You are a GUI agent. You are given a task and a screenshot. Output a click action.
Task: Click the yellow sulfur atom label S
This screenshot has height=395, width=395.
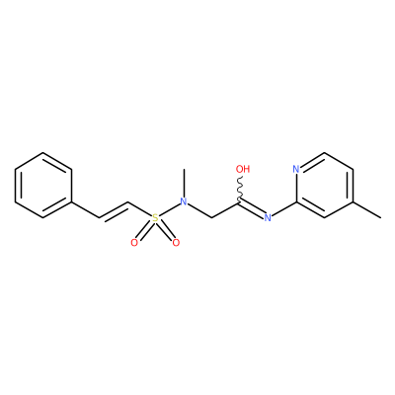(155, 217)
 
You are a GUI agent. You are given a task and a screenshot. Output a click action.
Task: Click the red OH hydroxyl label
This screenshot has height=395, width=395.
(243, 169)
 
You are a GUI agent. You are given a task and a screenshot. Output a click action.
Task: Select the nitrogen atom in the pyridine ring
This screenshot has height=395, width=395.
(296, 169)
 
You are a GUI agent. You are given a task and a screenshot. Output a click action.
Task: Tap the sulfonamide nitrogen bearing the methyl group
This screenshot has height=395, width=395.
(184, 201)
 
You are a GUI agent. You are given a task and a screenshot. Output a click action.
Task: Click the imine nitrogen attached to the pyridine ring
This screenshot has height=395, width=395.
(268, 217)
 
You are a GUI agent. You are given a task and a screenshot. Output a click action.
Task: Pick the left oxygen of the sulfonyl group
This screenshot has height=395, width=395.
(134, 243)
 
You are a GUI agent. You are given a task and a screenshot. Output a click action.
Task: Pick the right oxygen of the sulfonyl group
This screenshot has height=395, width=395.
(176, 243)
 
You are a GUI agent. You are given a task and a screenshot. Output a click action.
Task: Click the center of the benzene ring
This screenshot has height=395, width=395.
(43, 185)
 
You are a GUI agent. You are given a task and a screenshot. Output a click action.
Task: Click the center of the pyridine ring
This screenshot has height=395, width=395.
(325, 185)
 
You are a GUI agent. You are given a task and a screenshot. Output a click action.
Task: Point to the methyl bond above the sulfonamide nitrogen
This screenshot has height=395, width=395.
(184, 183)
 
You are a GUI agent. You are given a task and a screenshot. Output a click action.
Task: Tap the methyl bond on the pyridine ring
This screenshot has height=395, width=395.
(367, 209)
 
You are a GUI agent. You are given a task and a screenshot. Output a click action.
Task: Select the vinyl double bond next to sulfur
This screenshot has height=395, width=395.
(114, 210)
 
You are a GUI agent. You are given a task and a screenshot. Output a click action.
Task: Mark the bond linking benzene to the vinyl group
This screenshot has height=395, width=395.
(85, 209)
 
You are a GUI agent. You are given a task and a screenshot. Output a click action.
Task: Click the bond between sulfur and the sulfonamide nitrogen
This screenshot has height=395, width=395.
(170, 209)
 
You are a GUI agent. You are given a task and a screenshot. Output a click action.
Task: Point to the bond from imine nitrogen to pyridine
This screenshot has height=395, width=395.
(283, 208)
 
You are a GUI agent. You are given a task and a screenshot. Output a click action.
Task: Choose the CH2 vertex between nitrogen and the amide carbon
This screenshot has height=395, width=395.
(211, 217)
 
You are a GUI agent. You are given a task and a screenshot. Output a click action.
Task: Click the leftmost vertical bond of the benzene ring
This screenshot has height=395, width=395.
(15, 185)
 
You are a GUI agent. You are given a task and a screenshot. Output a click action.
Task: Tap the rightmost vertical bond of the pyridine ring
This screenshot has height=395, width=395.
(353, 185)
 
